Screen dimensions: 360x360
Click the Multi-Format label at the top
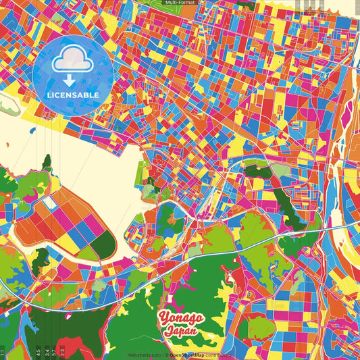(180, 3)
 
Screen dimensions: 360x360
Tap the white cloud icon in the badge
(72, 61)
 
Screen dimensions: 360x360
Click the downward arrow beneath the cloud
(72, 80)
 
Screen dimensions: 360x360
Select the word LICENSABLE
(72, 95)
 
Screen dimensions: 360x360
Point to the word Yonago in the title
(181, 317)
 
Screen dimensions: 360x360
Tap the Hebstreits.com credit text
(145, 355)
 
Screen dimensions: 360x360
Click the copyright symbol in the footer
(166, 355)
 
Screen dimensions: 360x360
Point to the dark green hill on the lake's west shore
(47, 162)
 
